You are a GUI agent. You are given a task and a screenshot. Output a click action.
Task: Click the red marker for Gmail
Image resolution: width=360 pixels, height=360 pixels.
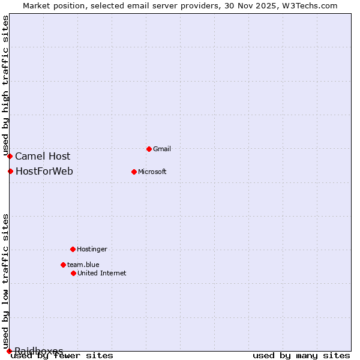[149, 149]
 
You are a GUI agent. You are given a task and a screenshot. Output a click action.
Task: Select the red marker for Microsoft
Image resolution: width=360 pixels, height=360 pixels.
[134, 172]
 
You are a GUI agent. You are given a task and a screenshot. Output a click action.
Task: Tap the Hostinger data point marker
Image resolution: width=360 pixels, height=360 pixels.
[73, 249]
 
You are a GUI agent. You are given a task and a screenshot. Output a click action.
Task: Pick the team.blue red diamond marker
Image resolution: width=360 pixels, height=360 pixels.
[63, 265]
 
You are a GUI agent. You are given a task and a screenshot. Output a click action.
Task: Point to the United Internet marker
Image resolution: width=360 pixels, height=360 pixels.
[73, 273]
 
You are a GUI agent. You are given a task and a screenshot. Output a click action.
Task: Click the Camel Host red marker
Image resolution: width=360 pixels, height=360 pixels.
[10, 156]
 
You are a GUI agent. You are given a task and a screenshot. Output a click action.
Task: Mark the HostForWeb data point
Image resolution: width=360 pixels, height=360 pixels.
[10, 172]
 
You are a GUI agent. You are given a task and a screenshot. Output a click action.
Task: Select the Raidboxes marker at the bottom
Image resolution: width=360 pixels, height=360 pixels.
[9, 351]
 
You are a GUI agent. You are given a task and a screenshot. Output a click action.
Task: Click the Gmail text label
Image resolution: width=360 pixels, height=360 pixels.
[162, 149]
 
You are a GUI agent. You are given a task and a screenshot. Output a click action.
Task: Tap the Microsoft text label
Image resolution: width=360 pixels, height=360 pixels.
[152, 172]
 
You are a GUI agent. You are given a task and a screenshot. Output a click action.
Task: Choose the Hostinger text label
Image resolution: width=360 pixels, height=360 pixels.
[92, 249]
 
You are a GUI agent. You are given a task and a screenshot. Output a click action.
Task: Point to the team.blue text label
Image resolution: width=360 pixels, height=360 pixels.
[83, 265]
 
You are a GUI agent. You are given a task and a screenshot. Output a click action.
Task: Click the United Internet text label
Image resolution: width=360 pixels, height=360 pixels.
[102, 273]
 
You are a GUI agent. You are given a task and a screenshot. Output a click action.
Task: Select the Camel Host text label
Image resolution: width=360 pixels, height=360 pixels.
[43, 157]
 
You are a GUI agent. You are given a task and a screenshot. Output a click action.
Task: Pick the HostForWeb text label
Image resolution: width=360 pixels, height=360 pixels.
[44, 172]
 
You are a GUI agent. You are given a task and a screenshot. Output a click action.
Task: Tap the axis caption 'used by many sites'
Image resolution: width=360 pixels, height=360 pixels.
[301, 356]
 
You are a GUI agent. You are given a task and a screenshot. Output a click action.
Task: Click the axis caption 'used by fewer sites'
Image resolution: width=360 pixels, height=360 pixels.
[62, 356]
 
